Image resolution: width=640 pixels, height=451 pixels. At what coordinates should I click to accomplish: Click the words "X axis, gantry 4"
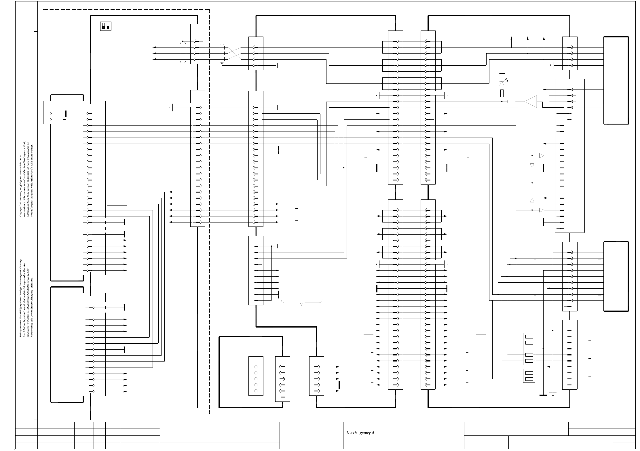pos(360,433)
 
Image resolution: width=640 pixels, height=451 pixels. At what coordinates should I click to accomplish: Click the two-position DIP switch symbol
pos(106,26)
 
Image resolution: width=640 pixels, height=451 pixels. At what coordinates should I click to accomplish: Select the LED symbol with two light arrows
pos(502,83)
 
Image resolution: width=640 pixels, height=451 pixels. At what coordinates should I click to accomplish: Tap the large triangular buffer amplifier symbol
pos(531,101)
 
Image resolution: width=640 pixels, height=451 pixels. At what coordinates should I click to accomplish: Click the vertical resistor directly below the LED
pos(502,93)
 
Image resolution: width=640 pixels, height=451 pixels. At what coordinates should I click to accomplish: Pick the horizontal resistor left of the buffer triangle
pos(511,101)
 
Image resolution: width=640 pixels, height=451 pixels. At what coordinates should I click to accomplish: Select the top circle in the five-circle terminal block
pos(256,367)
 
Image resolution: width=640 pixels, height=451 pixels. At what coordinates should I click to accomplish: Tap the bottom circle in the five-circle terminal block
pos(256,391)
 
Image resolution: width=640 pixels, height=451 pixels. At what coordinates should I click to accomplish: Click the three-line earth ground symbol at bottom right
pos(553,394)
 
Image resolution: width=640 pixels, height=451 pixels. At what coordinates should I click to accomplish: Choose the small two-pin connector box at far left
pos(51,113)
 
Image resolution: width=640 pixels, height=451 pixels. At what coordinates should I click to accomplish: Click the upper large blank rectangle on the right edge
pos(616,81)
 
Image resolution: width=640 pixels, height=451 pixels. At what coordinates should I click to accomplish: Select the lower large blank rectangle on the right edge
pos(616,276)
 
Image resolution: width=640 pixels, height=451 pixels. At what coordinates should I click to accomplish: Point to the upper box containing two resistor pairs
pos(529,340)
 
